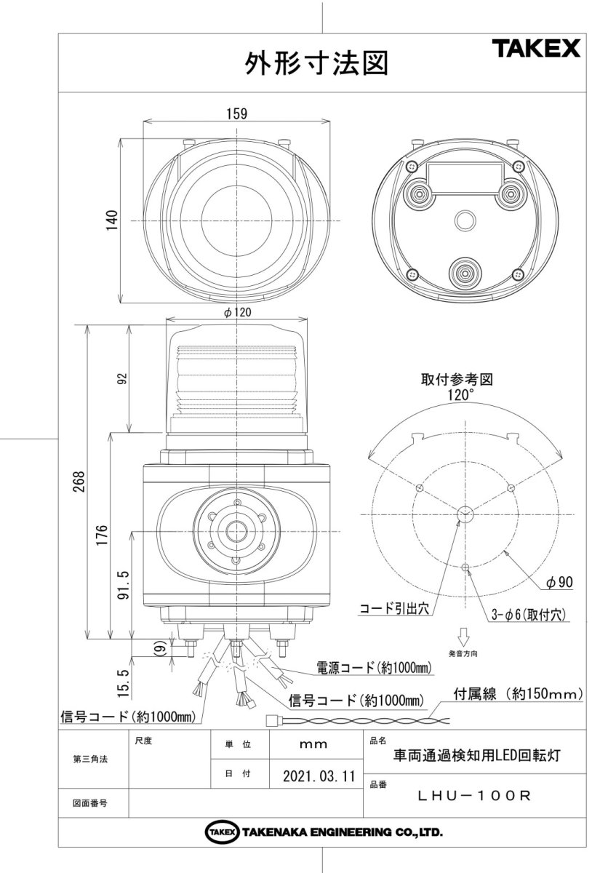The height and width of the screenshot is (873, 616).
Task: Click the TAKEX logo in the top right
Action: tap(537, 49)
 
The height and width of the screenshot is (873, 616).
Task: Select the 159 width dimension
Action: tap(237, 113)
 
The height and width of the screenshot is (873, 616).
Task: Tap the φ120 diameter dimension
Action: tap(238, 312)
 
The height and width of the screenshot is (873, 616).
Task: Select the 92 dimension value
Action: tap(121, 378)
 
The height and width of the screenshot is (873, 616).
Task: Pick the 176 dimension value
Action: tap(101, 535)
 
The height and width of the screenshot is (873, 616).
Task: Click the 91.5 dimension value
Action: tap(124, 584)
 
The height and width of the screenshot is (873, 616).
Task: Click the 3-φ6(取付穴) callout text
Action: tap(527, 615)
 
